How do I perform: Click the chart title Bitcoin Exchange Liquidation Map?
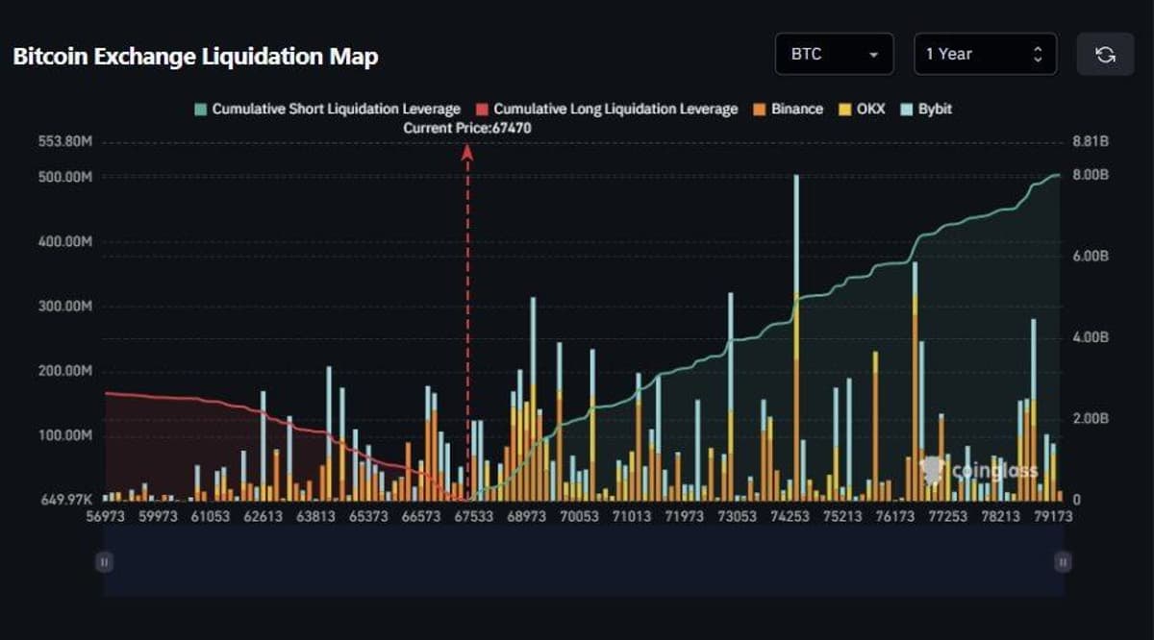195,56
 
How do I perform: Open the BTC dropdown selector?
834,55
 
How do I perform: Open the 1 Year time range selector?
985,55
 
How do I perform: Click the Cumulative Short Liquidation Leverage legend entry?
327,110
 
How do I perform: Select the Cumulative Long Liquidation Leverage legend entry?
607,110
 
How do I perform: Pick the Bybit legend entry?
925,110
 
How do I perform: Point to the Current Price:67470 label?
467,128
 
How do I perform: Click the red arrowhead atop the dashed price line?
468,151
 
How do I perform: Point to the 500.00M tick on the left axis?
65,178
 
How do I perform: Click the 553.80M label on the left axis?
65,142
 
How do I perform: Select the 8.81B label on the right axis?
1091,142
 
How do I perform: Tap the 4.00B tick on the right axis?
1091,338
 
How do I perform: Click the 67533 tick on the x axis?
474,516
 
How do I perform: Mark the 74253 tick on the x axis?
790,516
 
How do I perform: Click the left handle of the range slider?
104,562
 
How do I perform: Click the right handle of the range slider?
1063,562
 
